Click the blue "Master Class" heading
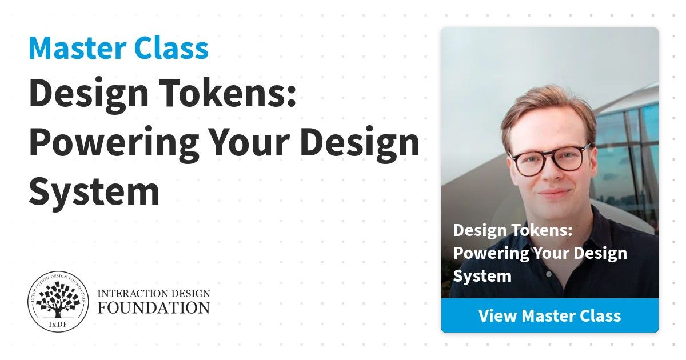coord(118,48)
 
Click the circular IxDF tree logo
coord(58,302)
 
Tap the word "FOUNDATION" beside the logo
coord(154,308)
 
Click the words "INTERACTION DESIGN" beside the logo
coord(154,294)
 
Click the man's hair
coord(548,113)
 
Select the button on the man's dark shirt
coord(549,274)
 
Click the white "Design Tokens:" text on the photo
coord(513,230)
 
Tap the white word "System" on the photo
coord(482,276)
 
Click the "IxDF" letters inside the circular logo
coord(58,325)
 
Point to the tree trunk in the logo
coord(58,311)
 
